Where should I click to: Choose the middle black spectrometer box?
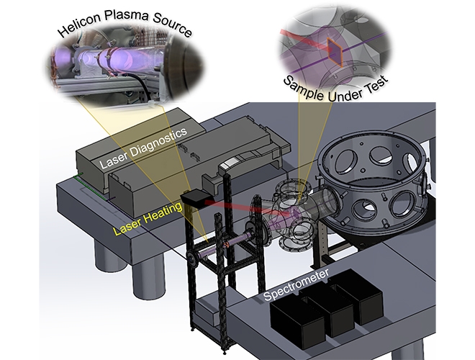[330, 302]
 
